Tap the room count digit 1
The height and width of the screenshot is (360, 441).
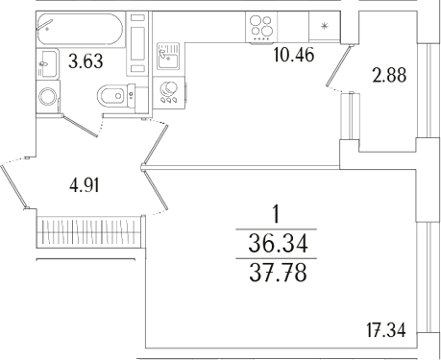pyautogui.click(x=279, y=213)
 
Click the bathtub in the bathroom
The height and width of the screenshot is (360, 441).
pyautogui.click(x=79, y=28)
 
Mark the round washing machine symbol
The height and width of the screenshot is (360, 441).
pyautogui.click(x=46, y=97)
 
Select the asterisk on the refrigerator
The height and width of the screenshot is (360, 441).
pyautogui.click(x=323, y=26)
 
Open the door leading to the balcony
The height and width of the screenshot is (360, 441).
pyautogui.click(x=340, y=65)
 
